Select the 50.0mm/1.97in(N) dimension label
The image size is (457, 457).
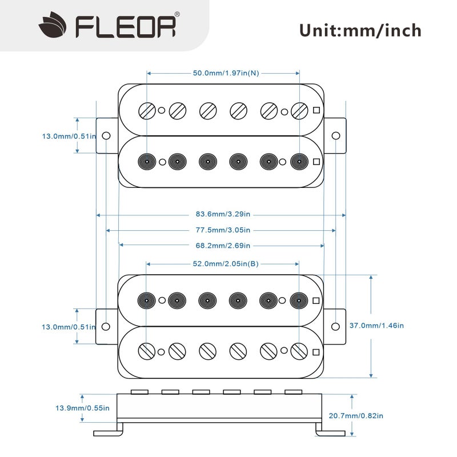coord(225,73)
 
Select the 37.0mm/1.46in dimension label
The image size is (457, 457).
coord(376,326)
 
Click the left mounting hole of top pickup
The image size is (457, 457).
coord(106,136)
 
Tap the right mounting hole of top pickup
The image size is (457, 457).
coord(336,136)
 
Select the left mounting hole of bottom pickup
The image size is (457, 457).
coord(106,326)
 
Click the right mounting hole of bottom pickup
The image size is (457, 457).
coord(336,326)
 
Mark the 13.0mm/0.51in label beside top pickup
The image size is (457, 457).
coord(69,136)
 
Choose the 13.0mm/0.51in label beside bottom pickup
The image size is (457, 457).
coord(69,326)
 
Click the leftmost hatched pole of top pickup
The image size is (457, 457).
coord(147,110)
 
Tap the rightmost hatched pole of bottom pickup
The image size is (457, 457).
coord(299,350)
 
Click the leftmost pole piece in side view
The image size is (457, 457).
coord(139,392)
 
